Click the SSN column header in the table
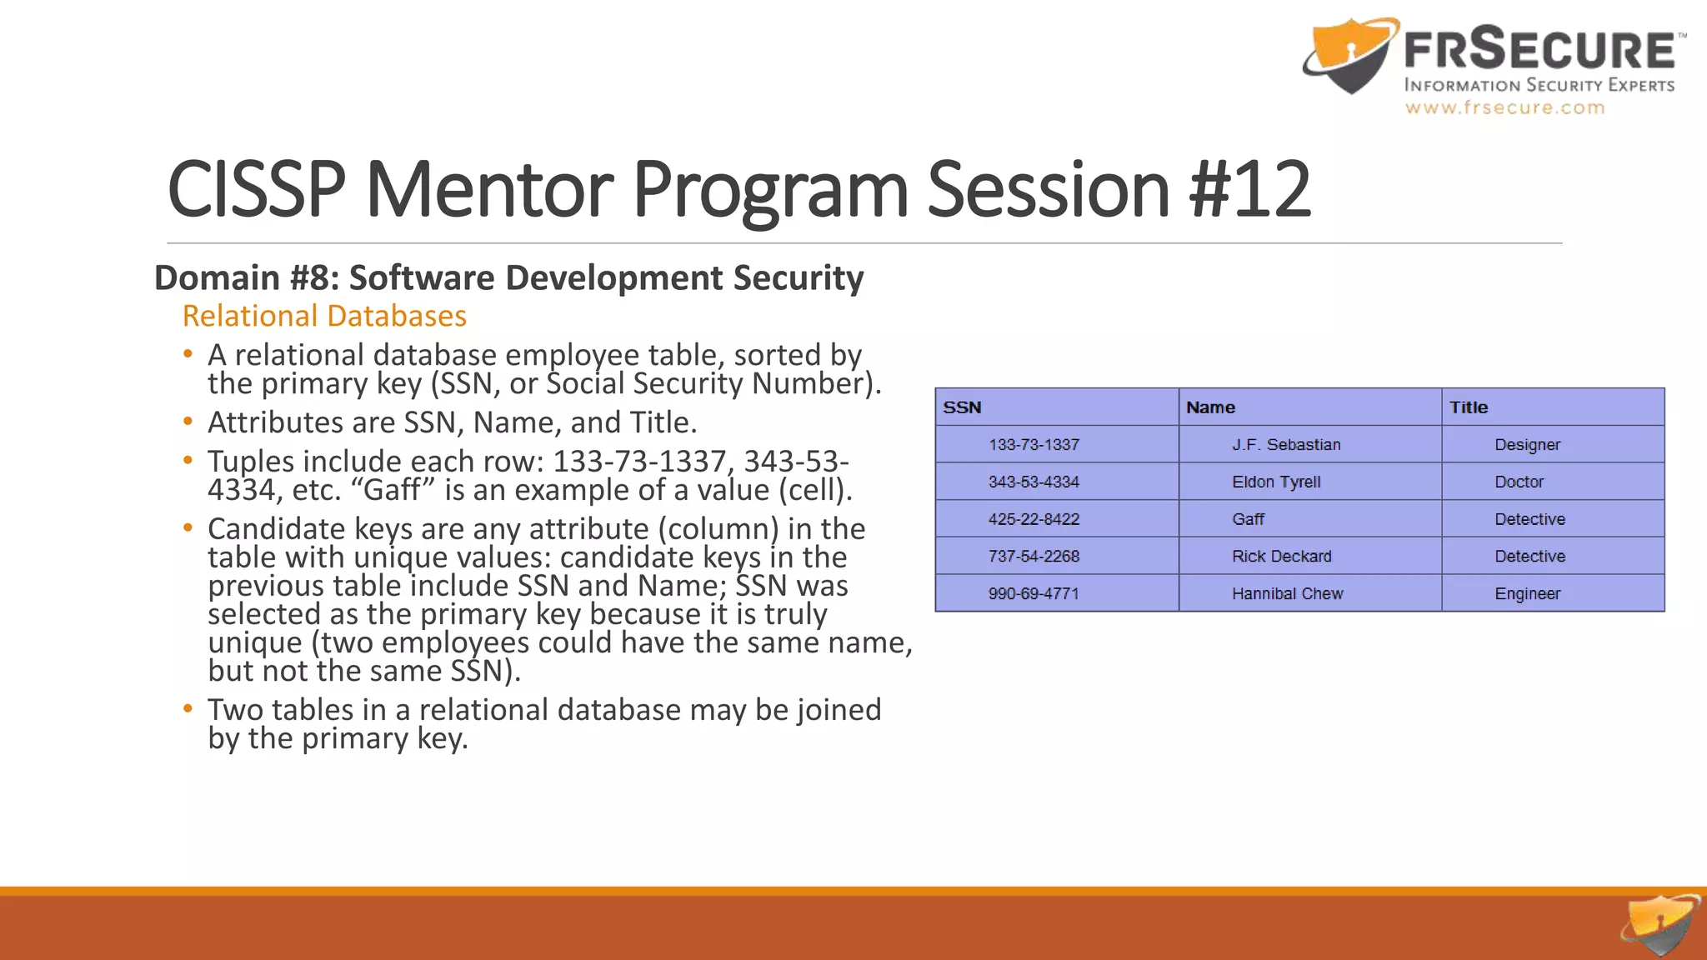coord(962,407)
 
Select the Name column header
coord(1210,407)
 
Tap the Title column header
coord(1468,407)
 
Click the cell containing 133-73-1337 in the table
coord(1034,445)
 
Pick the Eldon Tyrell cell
coord(1276,482)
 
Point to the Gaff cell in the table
coord(1248,519)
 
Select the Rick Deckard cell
coord(1281,557)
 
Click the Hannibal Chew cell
coord(1287,594)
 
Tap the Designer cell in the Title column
coord(1527,445)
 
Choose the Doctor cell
coord(1519,482)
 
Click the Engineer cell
coord(1527,594)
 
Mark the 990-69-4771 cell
coord(1034,594)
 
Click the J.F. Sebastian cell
coord(1286,445)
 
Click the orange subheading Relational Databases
coord(324,317)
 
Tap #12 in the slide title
coord(1249,190)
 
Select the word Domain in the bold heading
coord(217,278)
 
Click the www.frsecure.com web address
coord(1504,107)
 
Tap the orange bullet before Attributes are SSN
coord(188,422)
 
